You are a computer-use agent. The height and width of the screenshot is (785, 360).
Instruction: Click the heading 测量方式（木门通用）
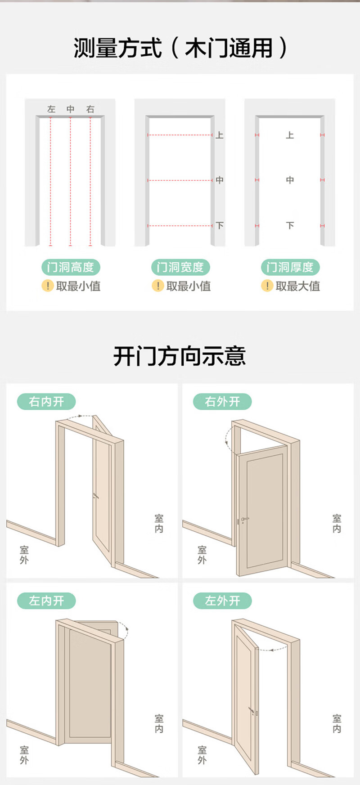180,48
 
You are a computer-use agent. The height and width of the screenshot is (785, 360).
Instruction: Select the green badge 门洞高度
71,267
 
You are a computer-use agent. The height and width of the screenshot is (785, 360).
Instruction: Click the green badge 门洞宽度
180,267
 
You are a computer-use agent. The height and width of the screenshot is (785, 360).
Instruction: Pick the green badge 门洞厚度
290,267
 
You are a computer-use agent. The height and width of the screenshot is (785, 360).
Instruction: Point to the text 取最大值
297,286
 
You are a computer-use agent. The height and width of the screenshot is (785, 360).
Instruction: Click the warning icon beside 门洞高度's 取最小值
47,286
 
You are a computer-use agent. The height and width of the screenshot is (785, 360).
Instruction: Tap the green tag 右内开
46,401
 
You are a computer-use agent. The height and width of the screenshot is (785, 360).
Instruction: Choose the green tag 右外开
222,401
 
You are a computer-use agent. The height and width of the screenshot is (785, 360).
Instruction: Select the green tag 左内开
46,601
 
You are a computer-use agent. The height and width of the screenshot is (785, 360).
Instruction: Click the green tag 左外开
222,601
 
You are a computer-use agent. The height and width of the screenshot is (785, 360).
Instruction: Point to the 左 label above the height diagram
51,109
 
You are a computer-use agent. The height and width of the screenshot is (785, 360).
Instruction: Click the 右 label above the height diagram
90,109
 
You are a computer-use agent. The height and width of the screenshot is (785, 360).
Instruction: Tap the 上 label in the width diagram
220,135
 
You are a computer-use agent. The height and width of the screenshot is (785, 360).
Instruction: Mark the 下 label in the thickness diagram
290,225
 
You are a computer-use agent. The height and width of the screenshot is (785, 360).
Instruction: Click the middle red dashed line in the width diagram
180,180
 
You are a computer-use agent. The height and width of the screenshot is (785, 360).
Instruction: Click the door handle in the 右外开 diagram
244,519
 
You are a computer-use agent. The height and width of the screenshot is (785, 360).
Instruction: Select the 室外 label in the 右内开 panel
24,555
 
